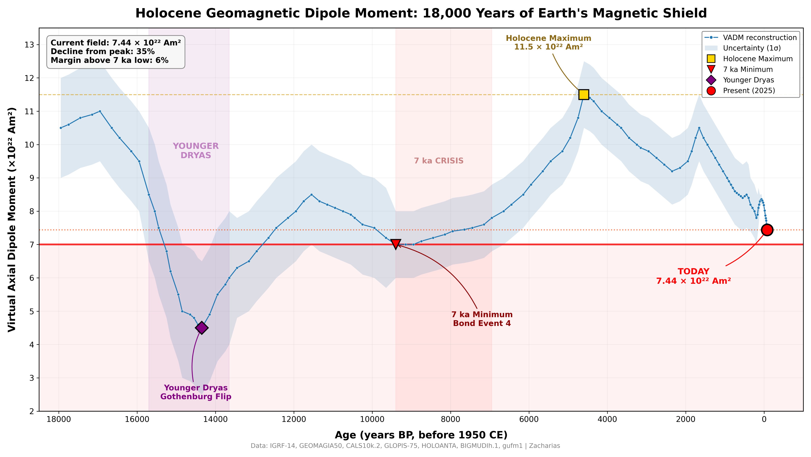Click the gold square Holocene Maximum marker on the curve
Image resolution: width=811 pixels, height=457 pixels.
pos(583,95)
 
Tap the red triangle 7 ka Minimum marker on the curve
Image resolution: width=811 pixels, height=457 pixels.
pos(396,244)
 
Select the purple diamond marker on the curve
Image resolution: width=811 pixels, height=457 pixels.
pos(202,328)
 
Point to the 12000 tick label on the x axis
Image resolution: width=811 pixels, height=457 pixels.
pos(294,420)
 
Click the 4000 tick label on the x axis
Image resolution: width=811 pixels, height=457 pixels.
pos(607,420)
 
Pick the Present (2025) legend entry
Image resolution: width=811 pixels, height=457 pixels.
pos(749,91)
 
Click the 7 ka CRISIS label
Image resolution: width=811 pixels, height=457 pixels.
pos(439,161)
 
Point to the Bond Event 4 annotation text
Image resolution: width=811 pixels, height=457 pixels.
pos(482,323)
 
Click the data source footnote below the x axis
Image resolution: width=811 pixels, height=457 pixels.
pos(405,446)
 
